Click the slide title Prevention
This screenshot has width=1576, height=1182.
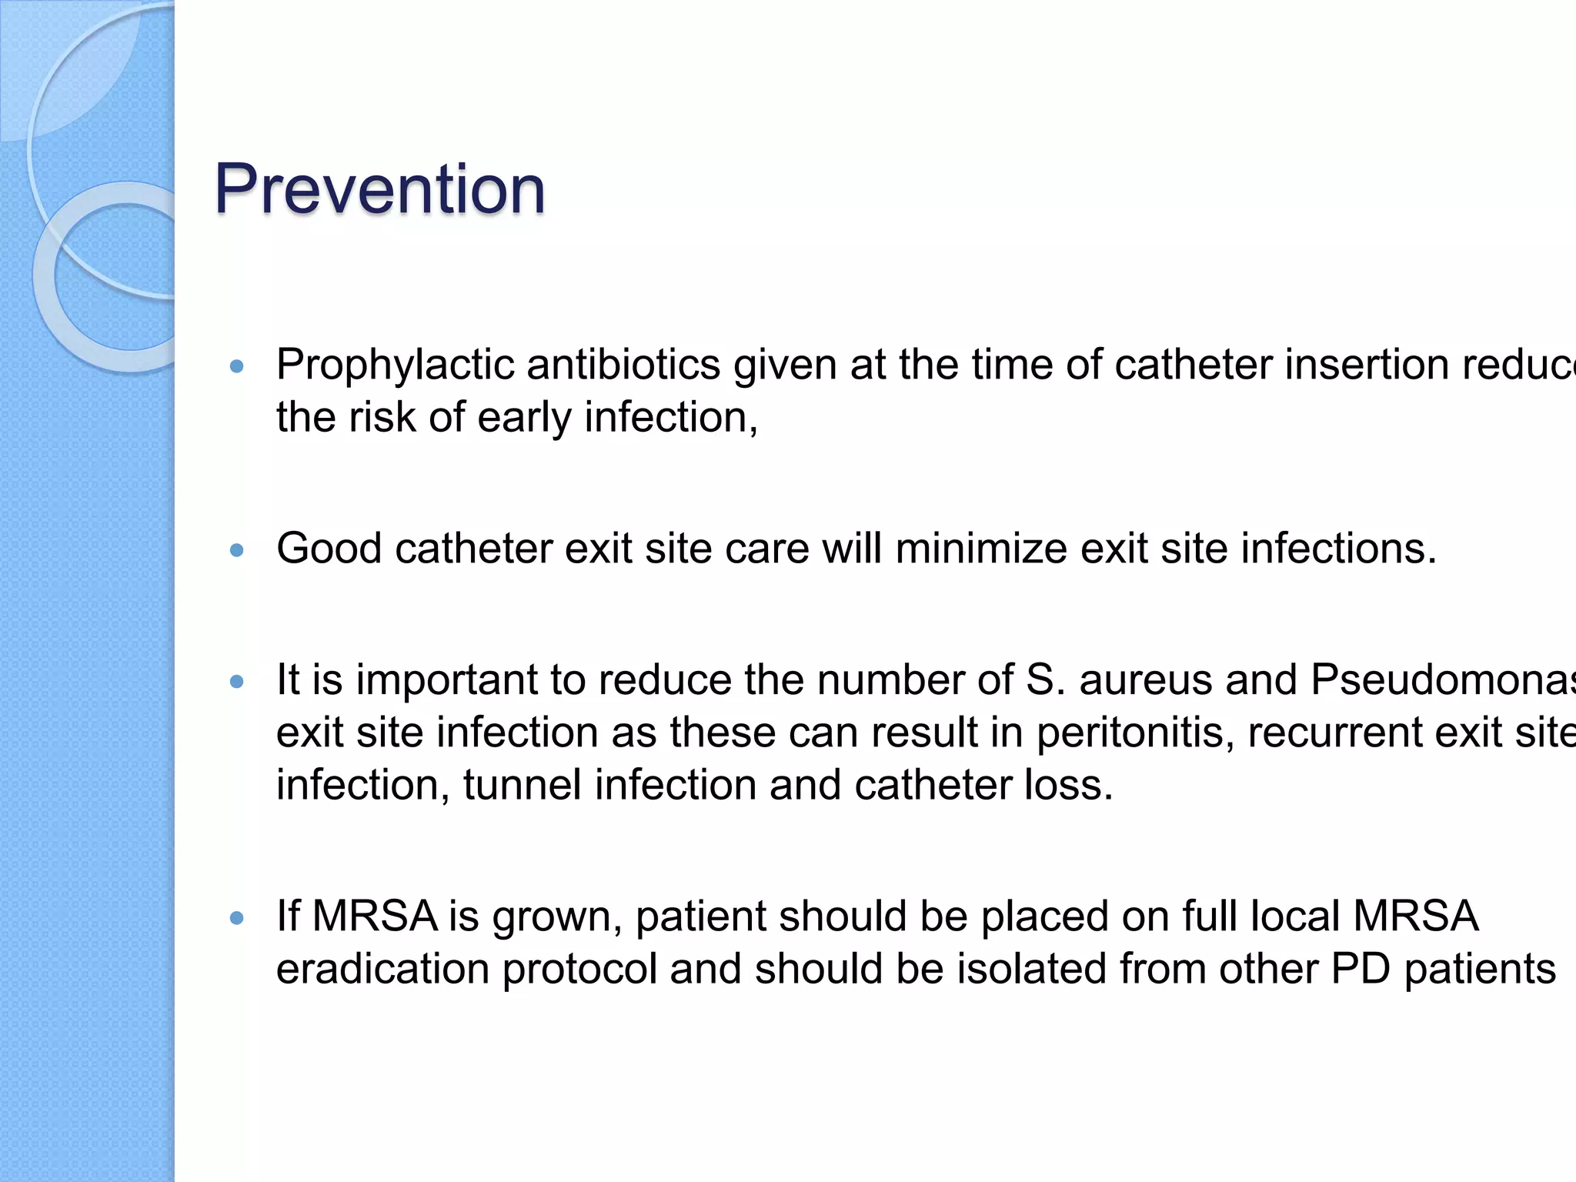click(x=379, y=189)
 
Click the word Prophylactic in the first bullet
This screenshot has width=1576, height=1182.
click(x=395, y=365)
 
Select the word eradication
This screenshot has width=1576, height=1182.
click(x=382, y=969)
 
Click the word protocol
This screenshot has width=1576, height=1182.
click(x=579, y=969)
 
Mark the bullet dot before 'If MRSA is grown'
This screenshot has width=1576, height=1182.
click(x=237, y=918)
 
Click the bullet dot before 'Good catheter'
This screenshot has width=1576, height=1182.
click(x=237, y=550)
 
